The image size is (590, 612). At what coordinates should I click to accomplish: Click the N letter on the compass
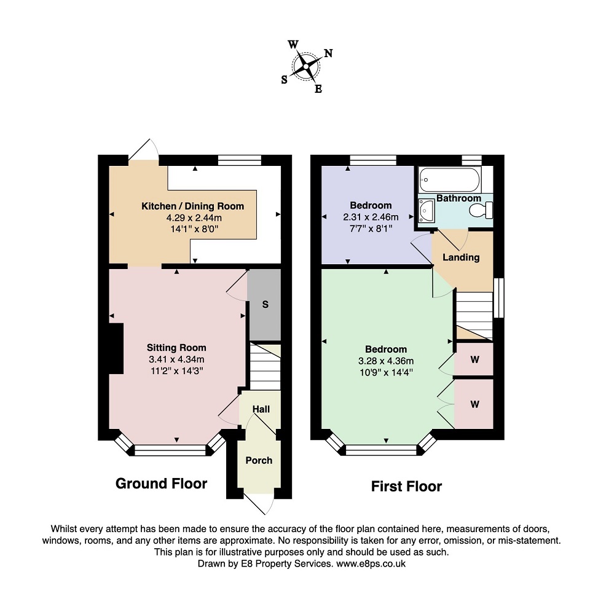pos(328,53)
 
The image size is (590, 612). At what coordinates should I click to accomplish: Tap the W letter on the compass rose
pos(293,44)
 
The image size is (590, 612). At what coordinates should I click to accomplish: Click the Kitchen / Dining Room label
pos(192,206)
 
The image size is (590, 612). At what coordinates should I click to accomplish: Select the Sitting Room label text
pos(176,347)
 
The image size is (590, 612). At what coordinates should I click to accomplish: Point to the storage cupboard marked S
pos(265,305)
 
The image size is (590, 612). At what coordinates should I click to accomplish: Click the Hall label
pos(261,409)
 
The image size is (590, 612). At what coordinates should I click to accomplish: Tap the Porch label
pos(259,461)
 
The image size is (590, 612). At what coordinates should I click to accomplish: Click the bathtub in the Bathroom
pos(449,180)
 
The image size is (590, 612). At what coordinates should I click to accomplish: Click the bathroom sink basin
pos(426,210)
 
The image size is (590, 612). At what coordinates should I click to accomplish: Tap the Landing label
pos(461,257)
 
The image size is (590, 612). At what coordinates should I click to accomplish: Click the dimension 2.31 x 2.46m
pos(371,217)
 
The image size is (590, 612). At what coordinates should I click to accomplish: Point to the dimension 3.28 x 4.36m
pos(386,361)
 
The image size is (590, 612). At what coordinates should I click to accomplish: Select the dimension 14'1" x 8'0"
pos(194,229)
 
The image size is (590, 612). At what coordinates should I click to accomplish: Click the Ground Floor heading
pos(161,484)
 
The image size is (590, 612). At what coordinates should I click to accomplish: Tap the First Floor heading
pos(406,486)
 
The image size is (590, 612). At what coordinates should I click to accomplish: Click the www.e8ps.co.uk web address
pos(371,563)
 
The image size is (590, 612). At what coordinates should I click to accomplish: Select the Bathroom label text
pos(458,198)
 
